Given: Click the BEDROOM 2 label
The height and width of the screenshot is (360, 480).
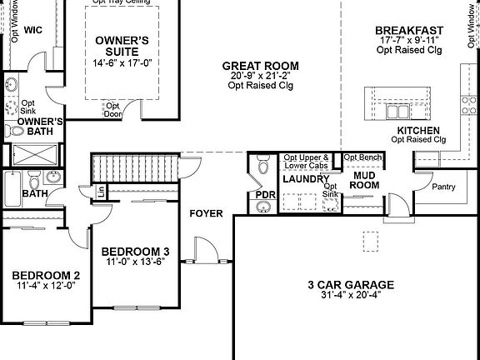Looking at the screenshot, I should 46,276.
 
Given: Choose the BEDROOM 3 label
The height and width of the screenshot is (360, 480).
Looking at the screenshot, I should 136,251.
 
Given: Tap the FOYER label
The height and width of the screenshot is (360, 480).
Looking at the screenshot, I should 206,213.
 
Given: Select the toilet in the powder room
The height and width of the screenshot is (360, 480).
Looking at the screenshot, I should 262,166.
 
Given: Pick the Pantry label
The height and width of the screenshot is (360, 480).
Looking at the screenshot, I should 443,187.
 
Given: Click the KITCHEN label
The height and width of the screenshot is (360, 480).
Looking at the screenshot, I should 418,131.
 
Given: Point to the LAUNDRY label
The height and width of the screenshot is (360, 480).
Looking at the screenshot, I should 302,179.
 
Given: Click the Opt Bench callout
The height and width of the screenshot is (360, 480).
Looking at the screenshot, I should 363,157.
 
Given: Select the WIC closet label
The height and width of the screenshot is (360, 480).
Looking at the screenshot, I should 33,30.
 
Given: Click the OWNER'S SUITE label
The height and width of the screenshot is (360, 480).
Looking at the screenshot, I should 122,45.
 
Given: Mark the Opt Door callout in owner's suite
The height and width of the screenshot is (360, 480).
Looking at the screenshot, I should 112,110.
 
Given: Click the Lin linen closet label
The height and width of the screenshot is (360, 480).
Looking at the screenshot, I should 100,192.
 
